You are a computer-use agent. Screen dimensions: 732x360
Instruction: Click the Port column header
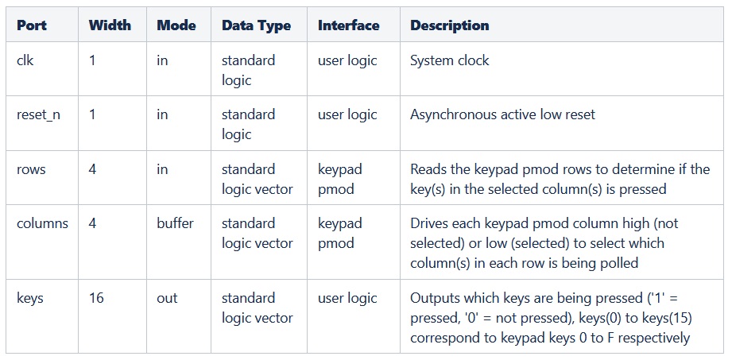pyautogui.click(x=32, y=25)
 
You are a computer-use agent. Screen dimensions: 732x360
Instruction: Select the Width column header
pyautogui.click(x=110, y=25)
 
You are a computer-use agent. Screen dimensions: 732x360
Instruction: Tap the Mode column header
pyautogui.click(x=176, y=25)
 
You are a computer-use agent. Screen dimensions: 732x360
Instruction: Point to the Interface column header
pyautogui.click(x=348, y=25)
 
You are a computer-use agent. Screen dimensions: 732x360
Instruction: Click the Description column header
pyautogui.click(x=449, y=25)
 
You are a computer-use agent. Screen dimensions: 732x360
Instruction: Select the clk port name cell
pyautogui.click(x=25, y=60)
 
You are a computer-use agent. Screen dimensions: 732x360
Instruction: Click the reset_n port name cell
pyautogui.click(x=39, y=114)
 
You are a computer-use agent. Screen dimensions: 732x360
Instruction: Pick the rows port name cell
pyautogui.click(x=32, y=169)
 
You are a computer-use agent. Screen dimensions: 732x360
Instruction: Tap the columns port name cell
pyautogui.click(x=43, y=223)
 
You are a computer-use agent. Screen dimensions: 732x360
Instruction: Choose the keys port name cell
pyautogui.click(x=30, y=298)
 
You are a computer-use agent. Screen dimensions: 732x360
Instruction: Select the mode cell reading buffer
pyautogui.click(x=175, y=223)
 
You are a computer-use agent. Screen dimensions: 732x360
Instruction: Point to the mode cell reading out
pyautogui.click(x=167, y=298)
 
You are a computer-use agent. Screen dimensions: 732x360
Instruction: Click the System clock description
pyautogui.click(x=450, y=60)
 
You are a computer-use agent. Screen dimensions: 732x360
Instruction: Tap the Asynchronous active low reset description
pyautogui.click(x=502, y=114)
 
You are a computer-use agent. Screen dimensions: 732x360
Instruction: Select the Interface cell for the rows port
pyautogui.click(x=340, y=179)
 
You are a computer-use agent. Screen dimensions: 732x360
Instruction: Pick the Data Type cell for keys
pyautogui.click(x=258, y=308)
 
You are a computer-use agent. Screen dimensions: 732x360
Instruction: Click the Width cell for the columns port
pyautogui.click(x=93, y=223)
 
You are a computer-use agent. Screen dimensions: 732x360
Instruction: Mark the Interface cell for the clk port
pyautogui.click(x=347, y=60)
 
